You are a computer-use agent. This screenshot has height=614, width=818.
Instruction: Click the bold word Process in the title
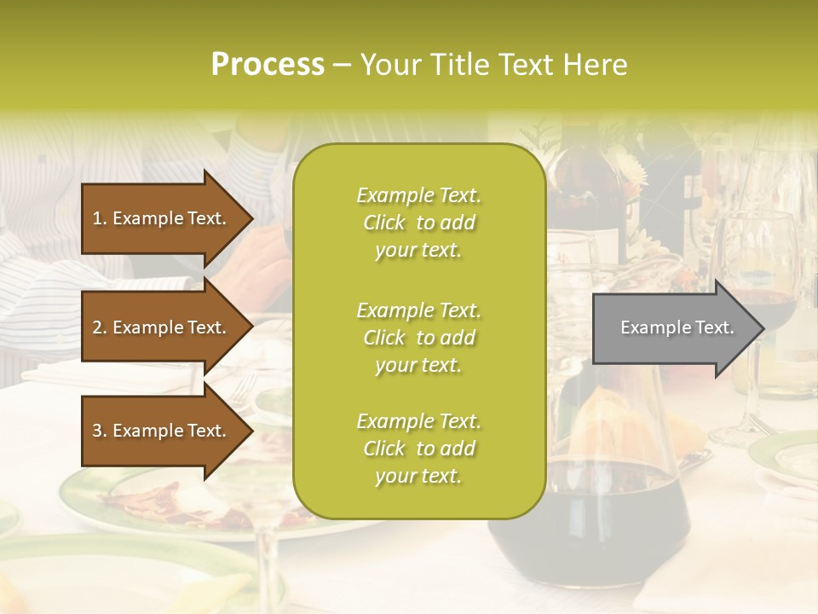click(268, 65)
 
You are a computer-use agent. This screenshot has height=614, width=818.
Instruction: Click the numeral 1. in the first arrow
click(100, 218)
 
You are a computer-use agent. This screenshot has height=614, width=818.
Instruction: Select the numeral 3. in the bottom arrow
click(100, 431)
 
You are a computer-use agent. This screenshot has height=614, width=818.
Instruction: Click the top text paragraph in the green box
click(418, 223)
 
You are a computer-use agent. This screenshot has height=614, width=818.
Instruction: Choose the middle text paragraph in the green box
click(418, 338)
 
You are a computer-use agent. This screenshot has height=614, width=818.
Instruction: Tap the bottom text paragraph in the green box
click(418, 449)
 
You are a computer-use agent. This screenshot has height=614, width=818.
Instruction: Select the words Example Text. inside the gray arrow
click(677, 327)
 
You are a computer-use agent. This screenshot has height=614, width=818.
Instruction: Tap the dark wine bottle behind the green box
click(588, 196)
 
